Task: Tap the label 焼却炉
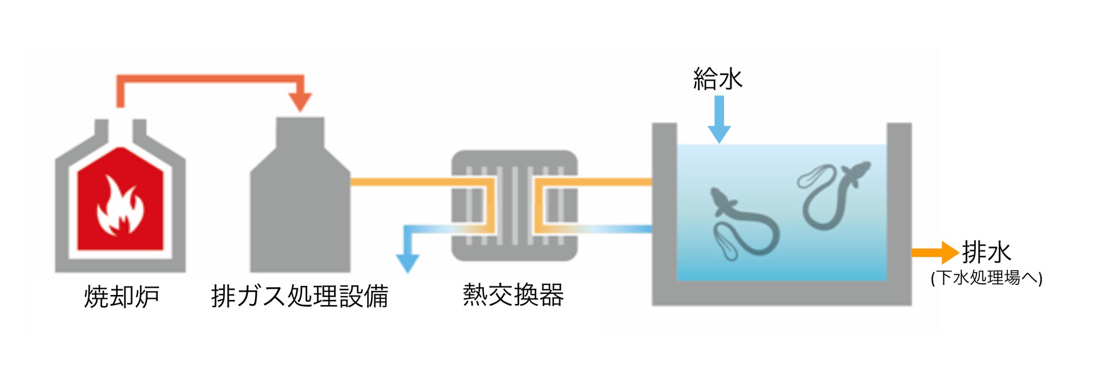[x=122, y=297]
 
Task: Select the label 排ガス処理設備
[x=299, y=297]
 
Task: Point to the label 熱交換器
[x=513, y=295]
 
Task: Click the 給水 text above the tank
[x=717, y=79]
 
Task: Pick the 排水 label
[x=987, y=252]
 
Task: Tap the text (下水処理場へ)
[x=987, y=278]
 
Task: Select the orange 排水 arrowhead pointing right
[x=950, y=253]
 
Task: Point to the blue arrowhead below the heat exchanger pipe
[x=407, y=262]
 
